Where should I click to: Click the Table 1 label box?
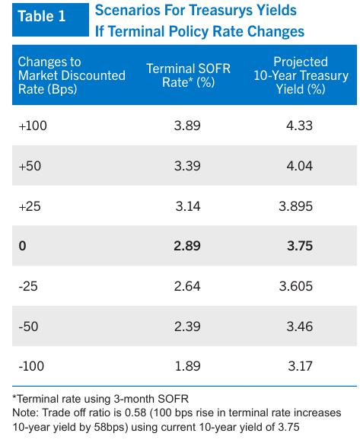coord(50,20)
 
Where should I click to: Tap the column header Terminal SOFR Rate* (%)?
coord(188,75)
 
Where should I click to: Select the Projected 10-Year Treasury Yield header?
coord(301,75)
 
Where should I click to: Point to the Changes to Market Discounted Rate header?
coord(72,75)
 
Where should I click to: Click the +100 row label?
coord(33,126)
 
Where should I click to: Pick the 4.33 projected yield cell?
coord(299,126)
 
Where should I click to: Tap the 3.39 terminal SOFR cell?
coord(187,166)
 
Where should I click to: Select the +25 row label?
coord(30,206)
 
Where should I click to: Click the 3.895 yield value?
coord(296,206)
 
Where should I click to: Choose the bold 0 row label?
coord(22,246)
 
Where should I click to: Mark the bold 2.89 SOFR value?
coord(187,246)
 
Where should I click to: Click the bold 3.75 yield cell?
coord(300,246)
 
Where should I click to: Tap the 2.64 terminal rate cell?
coord(187,286)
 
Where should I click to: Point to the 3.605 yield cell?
coord(296,286)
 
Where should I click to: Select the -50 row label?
coord(28,327)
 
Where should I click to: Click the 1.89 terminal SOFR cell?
coord(188,366)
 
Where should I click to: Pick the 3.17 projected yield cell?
coord(301,366)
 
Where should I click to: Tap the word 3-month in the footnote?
coord(134,399)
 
